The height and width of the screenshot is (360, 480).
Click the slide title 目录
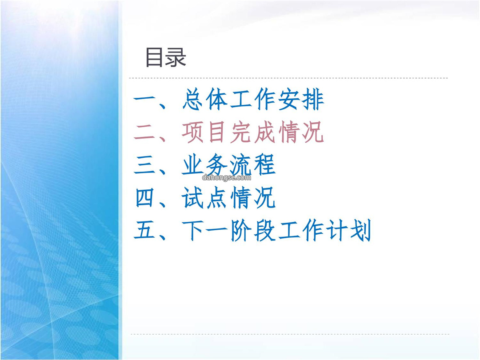coord(166,57)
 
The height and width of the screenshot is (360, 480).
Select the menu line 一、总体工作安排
coord(229,99)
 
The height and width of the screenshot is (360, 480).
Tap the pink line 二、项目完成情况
coord(229,132)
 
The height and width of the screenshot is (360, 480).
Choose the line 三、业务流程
coord(205,165)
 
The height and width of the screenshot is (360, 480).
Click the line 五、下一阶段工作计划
coord(252,230)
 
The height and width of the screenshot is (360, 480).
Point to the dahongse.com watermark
coord(227,177)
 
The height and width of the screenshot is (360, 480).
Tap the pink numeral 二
coord(145,133)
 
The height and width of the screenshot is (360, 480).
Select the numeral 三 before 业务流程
coord(145,165)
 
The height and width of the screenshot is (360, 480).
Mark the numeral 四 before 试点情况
coord(145,198)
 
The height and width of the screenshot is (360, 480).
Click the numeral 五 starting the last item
coord(145,230)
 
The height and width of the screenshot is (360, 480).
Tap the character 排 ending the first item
coord(313,99)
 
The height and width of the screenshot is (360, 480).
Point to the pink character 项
coord(193,132)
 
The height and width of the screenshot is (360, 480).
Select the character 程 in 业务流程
coord(265,165)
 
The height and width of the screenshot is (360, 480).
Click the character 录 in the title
coord(176,57)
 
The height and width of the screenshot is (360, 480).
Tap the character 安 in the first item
coord(289,99)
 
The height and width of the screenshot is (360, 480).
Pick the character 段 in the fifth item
coord(265,230)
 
